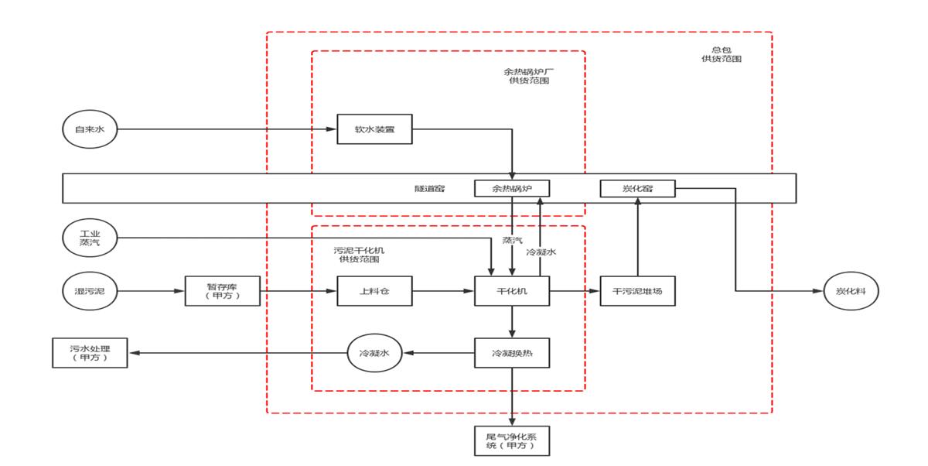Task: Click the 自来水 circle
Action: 89,129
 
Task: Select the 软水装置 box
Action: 374,129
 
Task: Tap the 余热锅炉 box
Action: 511,188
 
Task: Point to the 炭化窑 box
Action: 637,188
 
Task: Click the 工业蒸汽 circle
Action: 89,237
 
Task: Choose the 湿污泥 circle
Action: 89,291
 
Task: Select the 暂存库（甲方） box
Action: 223,291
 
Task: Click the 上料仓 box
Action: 374,291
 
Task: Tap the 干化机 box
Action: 511,291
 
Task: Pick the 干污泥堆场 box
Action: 637,291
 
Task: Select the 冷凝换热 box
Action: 511,353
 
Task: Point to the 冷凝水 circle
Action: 374,353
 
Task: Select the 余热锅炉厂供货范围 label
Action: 529,76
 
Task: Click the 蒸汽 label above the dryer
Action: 512,241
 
